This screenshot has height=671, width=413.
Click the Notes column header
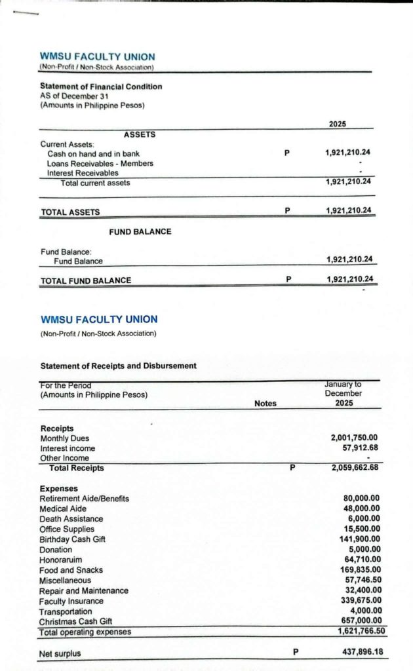(265, 404)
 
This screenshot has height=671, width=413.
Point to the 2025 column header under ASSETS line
(338, 124)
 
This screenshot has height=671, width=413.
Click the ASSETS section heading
(140, 134)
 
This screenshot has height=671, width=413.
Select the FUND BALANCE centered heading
(140, 231)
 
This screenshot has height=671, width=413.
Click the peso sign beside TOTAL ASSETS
(287, 211)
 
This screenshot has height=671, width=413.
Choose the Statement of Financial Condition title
(101, 86)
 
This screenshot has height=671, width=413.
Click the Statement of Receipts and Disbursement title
(118, 366)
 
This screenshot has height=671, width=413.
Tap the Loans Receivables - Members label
(100, 163)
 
